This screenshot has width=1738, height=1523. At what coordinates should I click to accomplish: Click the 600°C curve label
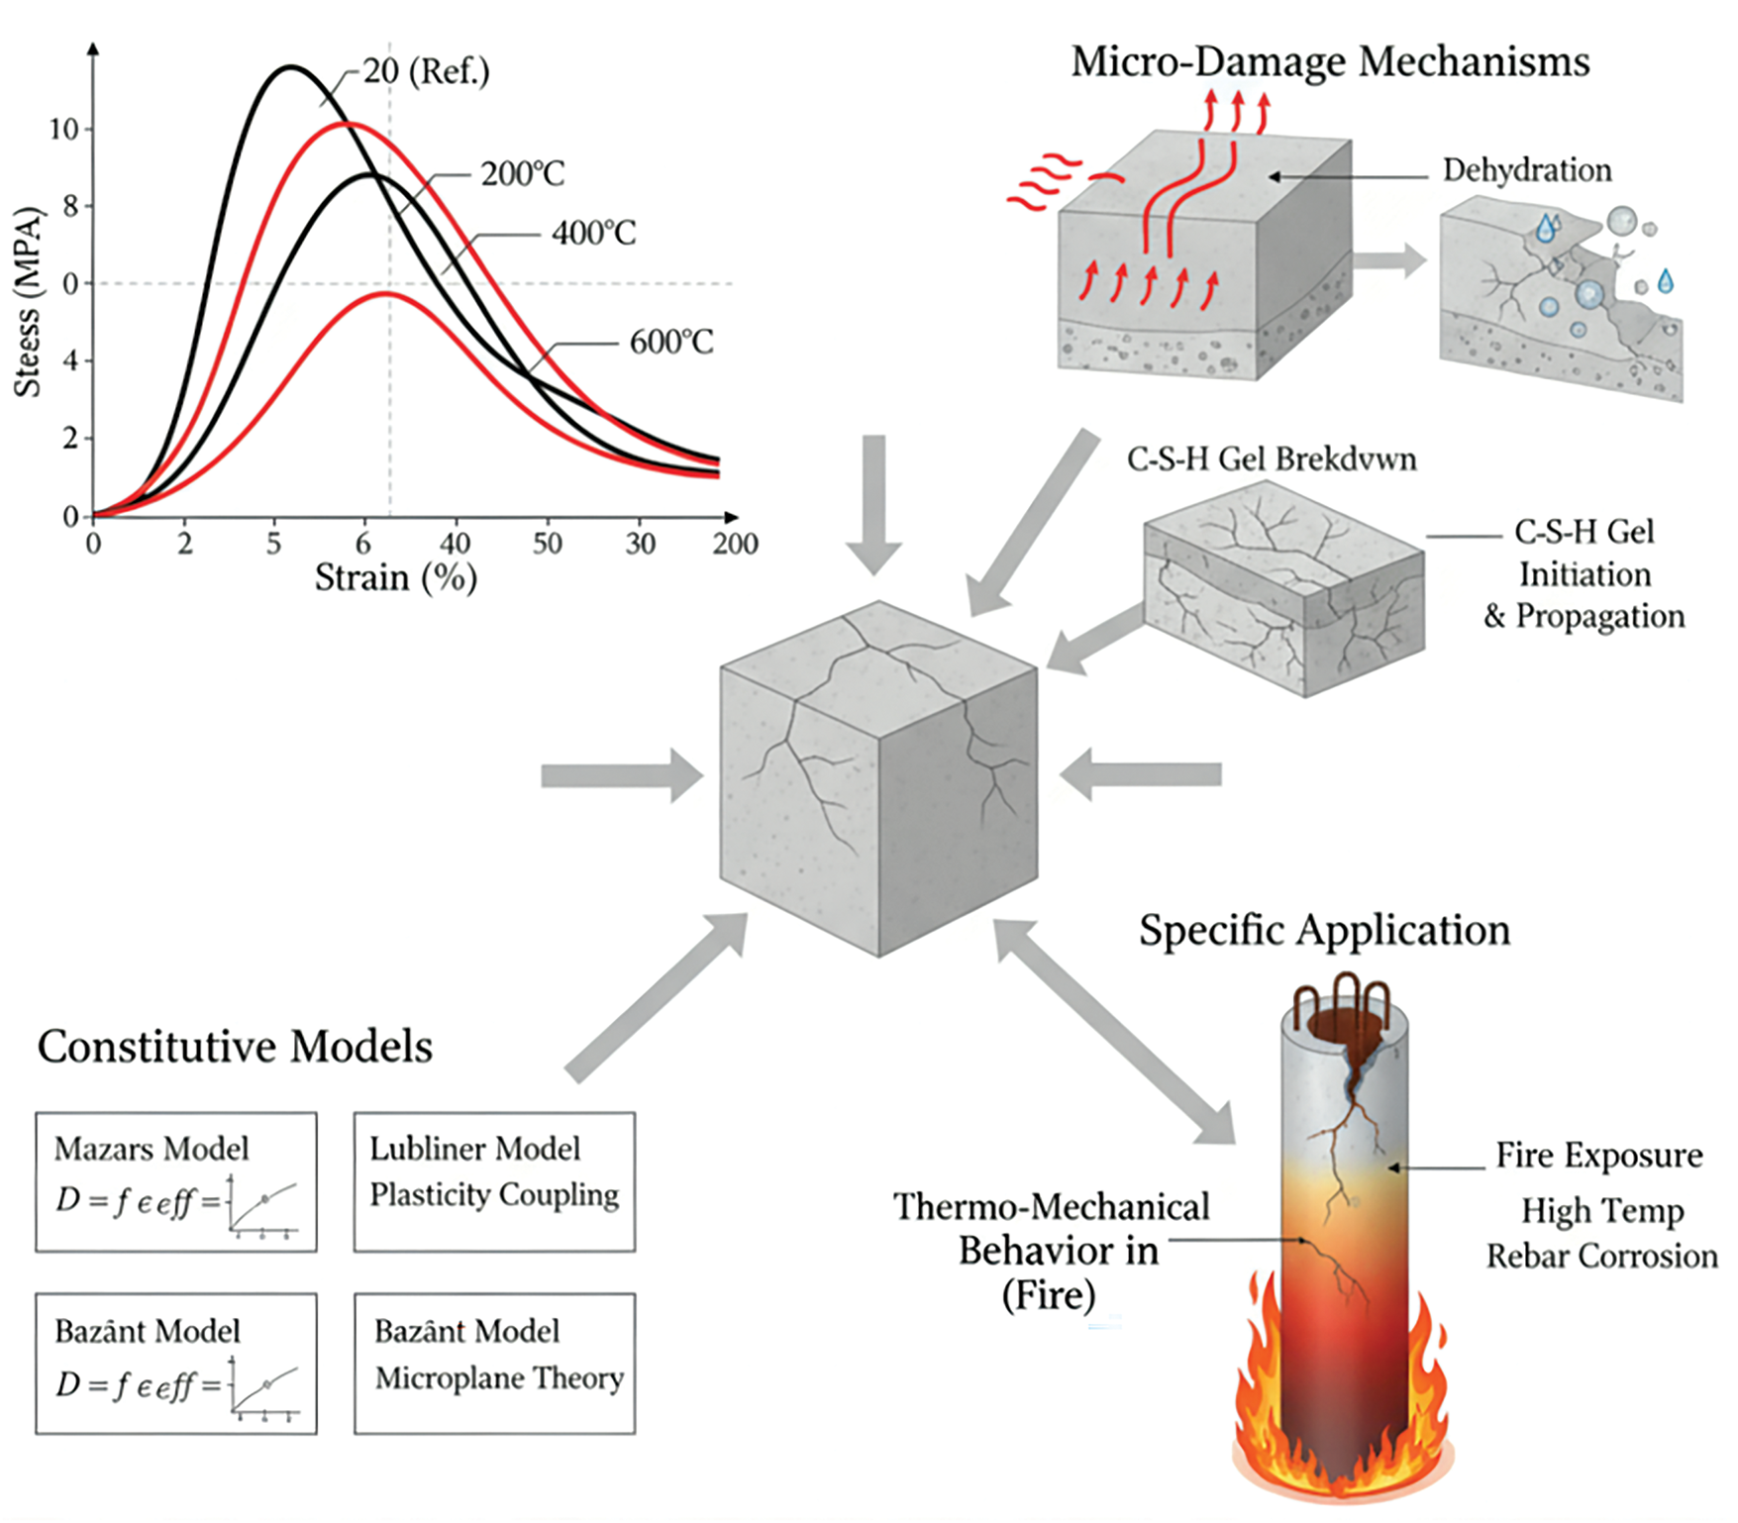tap(670, 343)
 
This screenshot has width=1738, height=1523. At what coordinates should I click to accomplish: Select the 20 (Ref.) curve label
tap(426, 71)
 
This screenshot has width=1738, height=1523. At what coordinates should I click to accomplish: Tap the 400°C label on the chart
tap(593, 234)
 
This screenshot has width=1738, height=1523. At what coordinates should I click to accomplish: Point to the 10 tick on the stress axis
tap(63, 129)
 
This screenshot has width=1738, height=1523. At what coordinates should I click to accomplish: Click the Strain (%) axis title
tap(395, 577)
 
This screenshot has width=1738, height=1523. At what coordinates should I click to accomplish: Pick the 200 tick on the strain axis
tap(735, 544)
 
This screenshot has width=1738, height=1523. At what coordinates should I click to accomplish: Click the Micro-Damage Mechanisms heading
tap(1330, 61)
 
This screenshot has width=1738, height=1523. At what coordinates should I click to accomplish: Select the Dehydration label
tap(1526, 170)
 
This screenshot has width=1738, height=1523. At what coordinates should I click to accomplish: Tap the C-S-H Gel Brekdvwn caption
tap(1272, 459)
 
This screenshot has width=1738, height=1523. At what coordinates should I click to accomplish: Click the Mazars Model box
tap(176, 1181)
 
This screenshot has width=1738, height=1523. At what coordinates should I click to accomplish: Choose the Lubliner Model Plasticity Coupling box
tap(494, 1181)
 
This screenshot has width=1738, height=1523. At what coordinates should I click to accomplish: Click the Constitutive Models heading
tap(235, 1047)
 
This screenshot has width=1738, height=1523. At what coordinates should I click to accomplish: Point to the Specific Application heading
tap(1324, 931)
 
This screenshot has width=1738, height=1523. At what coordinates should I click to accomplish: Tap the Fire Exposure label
tap(1598, 1156)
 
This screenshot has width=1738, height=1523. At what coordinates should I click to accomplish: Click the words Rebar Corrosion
tap(1601, 1257)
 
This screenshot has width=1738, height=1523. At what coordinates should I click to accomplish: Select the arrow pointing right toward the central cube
tap(621, 774)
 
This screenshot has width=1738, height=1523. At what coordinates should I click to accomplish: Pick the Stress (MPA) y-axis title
tap(28, 302)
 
